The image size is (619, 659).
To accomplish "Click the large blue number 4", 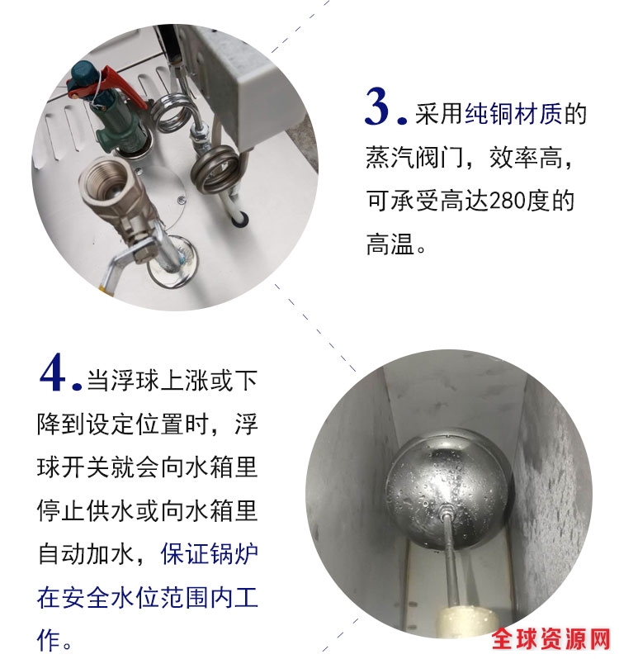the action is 54,372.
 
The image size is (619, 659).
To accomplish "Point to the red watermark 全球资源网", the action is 551,639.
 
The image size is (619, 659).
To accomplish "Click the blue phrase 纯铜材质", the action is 513,114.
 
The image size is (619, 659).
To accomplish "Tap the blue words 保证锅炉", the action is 210,555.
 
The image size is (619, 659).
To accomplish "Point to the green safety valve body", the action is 110,112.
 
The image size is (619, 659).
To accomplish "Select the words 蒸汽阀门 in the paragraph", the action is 414,158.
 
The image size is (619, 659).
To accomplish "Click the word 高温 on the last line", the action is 390,244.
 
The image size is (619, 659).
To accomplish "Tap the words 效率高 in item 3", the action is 526,158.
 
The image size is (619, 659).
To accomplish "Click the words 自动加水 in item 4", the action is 87,555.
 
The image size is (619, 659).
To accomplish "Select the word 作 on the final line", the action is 48,641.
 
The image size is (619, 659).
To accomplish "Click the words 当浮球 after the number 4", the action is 124,381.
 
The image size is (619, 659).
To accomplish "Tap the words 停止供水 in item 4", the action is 86,511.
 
